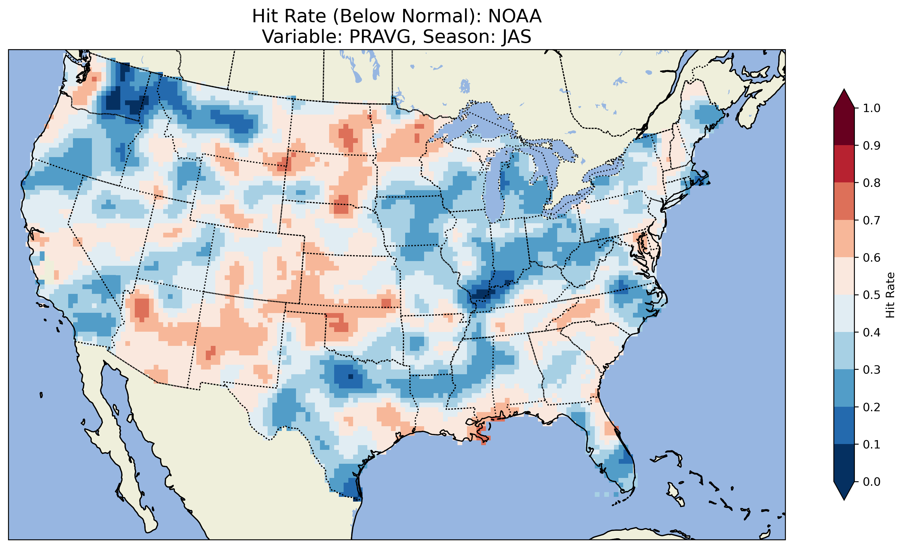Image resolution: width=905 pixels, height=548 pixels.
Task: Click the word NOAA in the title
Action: pos(515,16)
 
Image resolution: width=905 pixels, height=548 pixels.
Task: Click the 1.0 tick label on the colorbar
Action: pos(871,108)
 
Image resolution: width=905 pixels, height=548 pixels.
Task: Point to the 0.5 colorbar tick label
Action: pos(871,295)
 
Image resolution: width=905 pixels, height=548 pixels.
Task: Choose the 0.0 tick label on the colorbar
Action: pos(871,482)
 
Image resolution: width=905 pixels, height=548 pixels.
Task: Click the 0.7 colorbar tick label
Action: pos(871,220)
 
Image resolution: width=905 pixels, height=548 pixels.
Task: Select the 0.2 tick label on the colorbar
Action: pos(871,407)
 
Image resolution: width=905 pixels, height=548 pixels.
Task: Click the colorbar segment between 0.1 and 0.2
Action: pos(844,425)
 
